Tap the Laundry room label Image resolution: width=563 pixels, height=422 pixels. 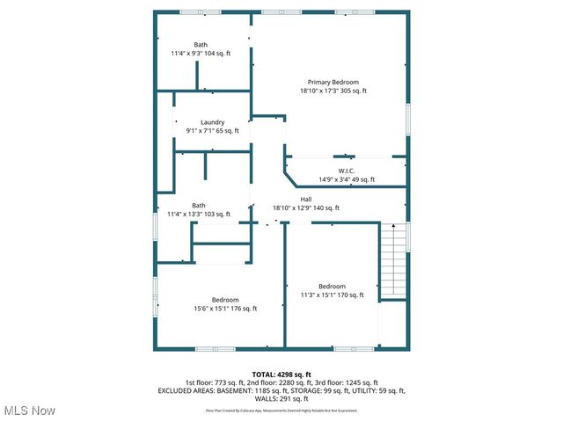(x=212, y=122)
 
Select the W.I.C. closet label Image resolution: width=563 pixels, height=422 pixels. (x=346, y=171)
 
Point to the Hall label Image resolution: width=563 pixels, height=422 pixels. (x=305, y=200)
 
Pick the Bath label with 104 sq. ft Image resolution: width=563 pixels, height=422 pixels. (x=201, y=45)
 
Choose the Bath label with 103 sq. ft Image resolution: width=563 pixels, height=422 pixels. (x=199, y=205)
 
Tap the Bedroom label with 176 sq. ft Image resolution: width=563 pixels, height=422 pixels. (x=225, y=300)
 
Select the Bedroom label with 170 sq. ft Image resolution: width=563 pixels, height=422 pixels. (x=332, y=287)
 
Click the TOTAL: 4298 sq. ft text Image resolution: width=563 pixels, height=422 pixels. (x=281, y=374)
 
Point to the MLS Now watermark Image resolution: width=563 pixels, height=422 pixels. (x=30, y=411)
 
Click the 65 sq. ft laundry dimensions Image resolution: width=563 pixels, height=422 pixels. (x=212, y=131)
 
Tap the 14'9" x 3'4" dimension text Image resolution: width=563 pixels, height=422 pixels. (x=346, y=179)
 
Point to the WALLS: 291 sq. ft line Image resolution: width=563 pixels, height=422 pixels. (x=281, y=397)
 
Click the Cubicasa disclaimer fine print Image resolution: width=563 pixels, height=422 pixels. (x=281, y=410)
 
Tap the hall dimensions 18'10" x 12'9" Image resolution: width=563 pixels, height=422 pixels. (x=305, y=208)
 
